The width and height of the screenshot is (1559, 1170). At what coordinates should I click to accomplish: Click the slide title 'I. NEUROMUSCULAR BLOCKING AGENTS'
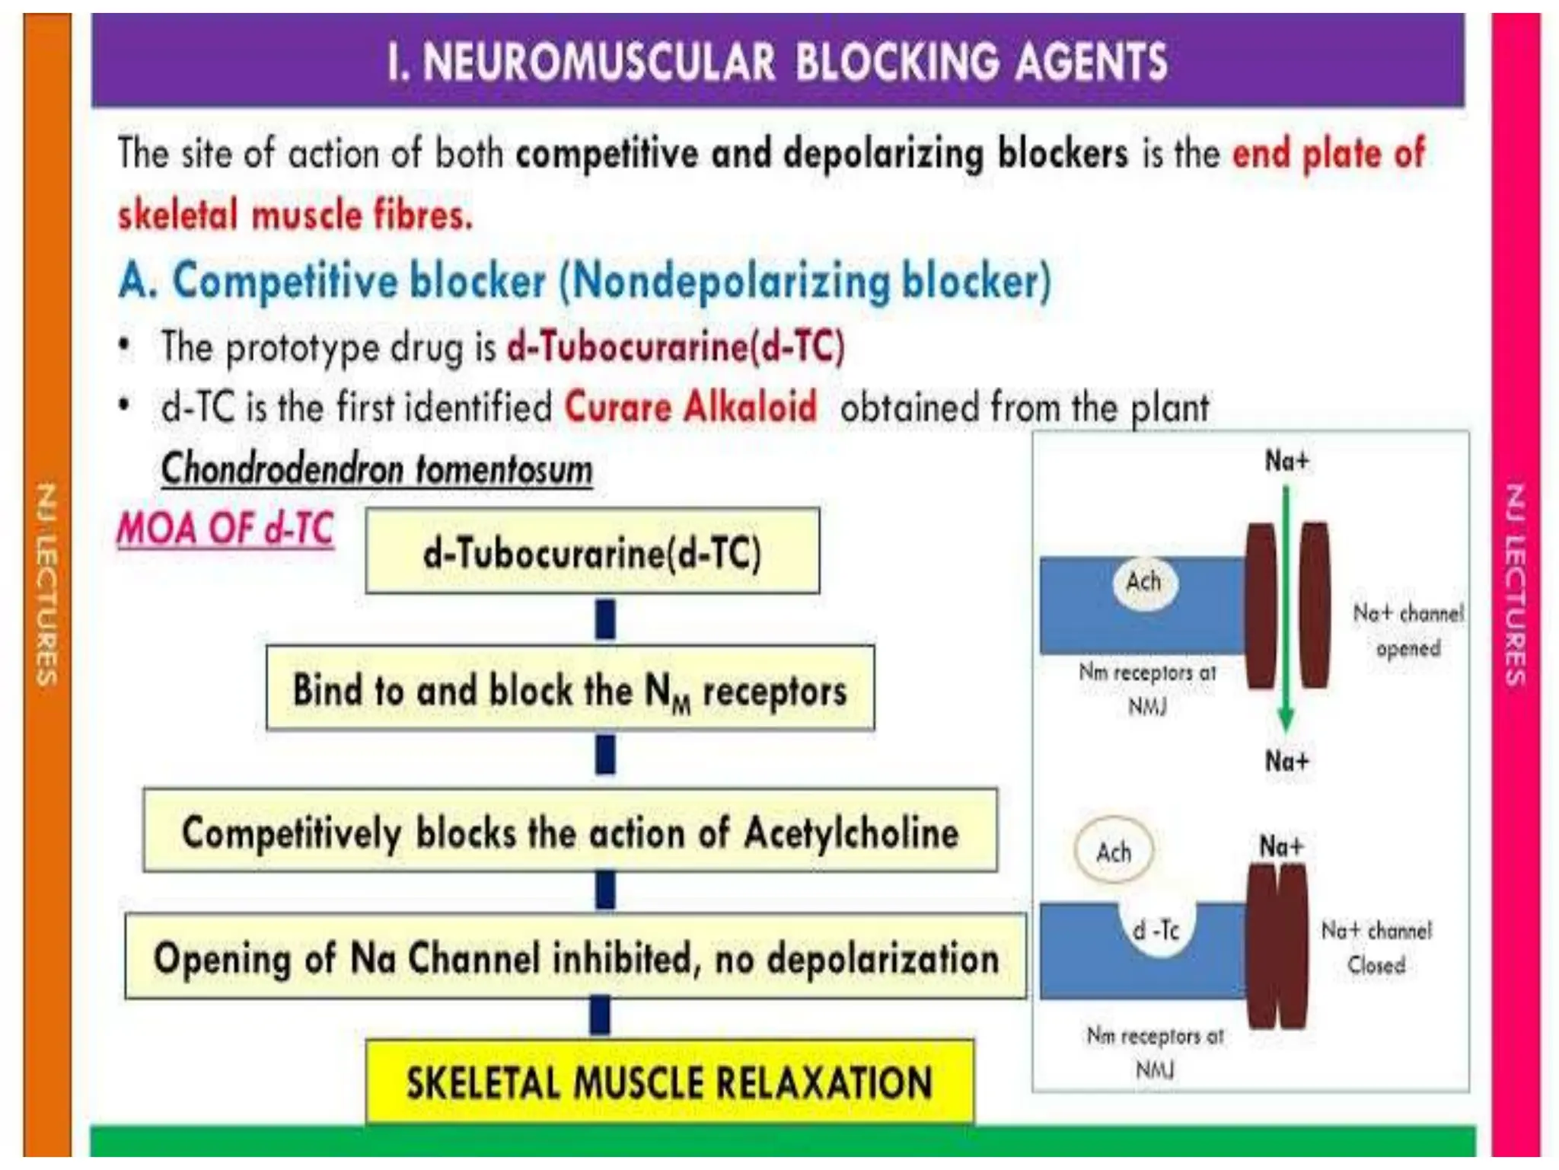(777, 61)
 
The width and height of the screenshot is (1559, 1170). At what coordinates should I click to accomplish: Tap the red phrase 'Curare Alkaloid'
(690, 407)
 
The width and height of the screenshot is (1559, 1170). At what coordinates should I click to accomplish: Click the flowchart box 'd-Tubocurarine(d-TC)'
(592, 551)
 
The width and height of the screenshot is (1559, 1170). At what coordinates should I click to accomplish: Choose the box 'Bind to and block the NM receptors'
(570, 689)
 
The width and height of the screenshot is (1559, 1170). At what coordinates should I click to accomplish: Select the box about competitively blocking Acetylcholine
(570, 831)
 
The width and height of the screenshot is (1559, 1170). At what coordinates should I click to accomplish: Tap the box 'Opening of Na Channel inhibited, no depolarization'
(575, 957)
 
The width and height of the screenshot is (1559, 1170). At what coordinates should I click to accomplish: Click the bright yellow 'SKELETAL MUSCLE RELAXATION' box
(669, 1082)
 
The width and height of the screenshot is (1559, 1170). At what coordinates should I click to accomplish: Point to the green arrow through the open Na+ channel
(1286, 609)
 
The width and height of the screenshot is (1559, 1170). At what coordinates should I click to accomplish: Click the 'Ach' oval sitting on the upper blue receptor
(1144, 583)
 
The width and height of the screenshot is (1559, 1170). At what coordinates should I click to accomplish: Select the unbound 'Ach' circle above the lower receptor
(1114, 852)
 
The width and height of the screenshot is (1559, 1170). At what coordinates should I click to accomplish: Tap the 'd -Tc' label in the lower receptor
(1156, 930)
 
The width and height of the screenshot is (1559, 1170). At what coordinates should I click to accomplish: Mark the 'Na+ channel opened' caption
(1408, 631)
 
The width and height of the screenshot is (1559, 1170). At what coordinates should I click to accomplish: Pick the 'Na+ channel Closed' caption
(1376, 948)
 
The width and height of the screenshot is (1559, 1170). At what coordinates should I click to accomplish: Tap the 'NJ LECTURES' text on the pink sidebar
(1516, 585)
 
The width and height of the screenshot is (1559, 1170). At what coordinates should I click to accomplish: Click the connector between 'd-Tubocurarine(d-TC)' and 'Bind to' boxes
(605, 619)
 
